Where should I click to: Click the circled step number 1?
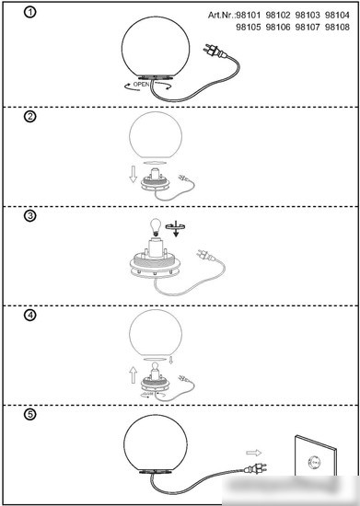click(x=30, y=12)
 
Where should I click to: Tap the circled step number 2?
click(x=30, y=116)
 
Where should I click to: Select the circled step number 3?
click(x=30, y=215)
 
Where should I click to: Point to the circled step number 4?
click(x=30, y=315)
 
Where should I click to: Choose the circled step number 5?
click(x=30, y=414)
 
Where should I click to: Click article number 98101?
click(x=249, y=15)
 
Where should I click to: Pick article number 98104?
click(x=337, y=15)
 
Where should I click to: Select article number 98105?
click(x=249, y=27)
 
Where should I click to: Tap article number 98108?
click(x=337, y=27)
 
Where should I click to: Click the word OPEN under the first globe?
click(x=141, y=85)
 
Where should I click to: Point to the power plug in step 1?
click(x=214, y=52)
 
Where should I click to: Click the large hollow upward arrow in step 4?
click(x=133, y=375)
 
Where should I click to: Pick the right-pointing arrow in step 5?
click(x=254, y=453)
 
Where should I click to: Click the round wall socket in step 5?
click(x=314, y=463)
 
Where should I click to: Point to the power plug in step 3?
click(x=205, y=255)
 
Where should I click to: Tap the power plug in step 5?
click(x=256, y=467)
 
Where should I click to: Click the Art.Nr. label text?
click(x=221, y=15)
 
